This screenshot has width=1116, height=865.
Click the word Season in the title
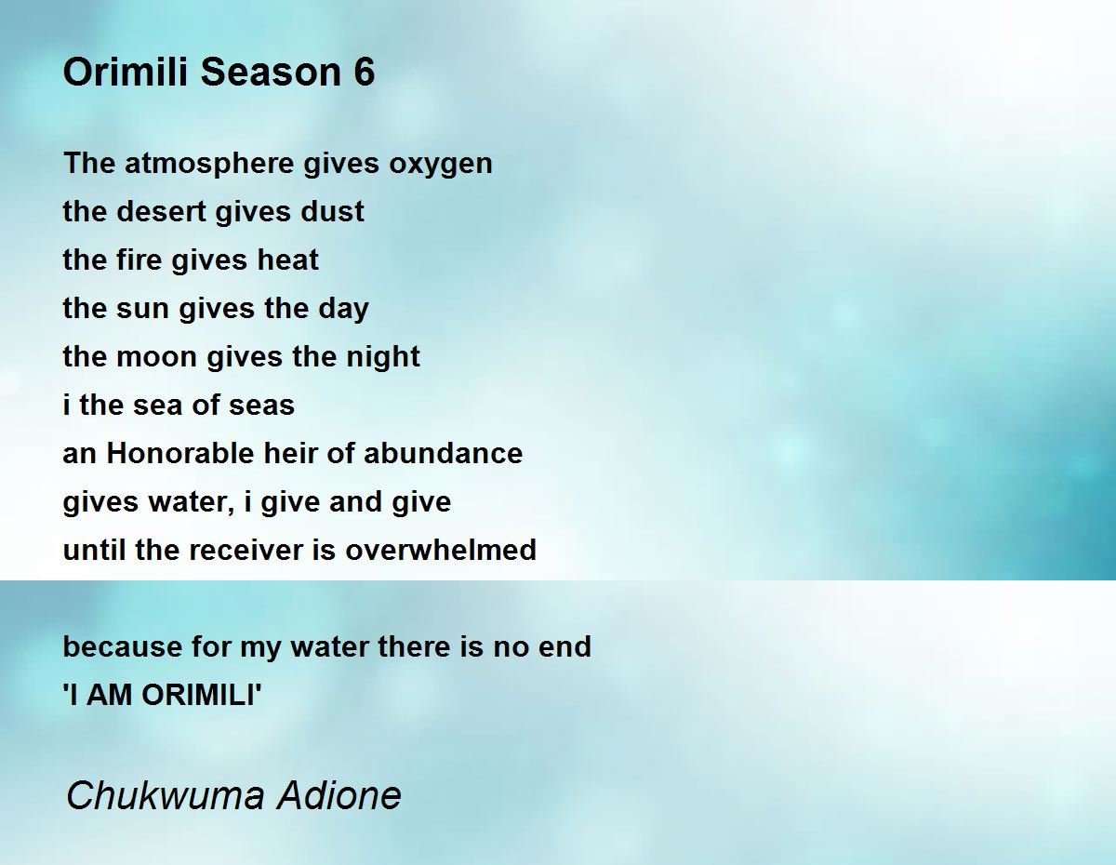(x=271, y=72)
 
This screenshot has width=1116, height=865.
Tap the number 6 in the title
(x=364, y=72)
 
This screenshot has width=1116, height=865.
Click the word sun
(x=143, y=309)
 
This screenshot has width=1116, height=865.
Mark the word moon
(x=156, y=357)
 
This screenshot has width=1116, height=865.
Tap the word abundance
(x=444, y=453)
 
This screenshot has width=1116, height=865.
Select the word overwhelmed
(x=441, y=550)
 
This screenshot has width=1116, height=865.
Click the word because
(x=123, y=646)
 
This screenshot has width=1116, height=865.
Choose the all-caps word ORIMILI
(x=199, y=695)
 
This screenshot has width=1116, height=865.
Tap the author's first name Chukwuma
(x=166, y=795)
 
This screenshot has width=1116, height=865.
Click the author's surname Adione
(x=339, y=795)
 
